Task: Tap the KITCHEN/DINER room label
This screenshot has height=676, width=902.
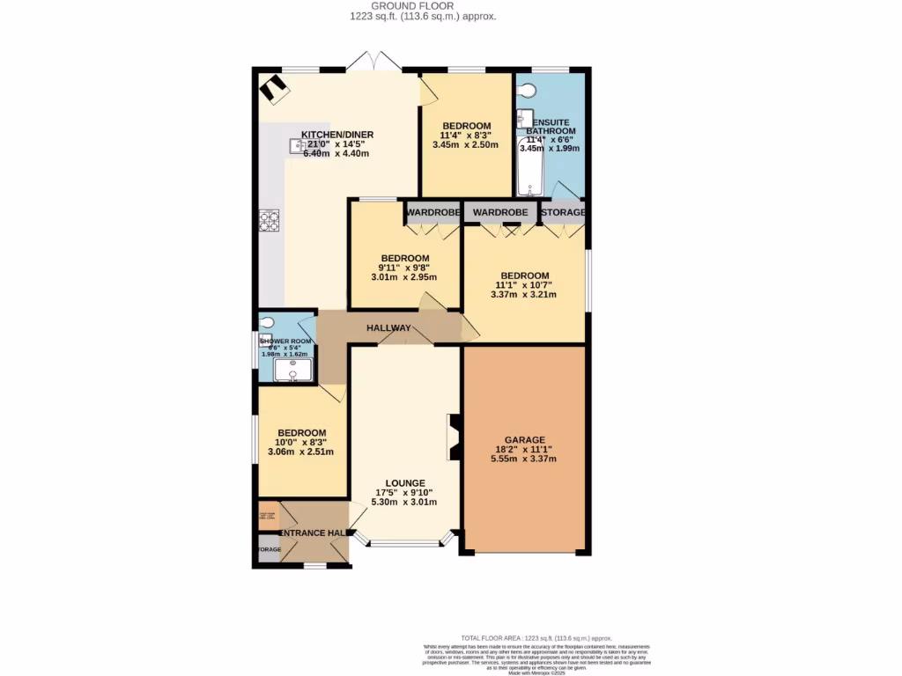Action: coord(337,135)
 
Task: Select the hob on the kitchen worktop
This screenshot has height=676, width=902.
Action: coord(269,220)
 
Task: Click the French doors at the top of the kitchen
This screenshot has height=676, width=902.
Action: coord(373,62)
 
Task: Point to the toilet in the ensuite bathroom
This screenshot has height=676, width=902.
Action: coord(527,90)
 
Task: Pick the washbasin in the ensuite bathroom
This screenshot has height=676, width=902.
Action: coord(524,118)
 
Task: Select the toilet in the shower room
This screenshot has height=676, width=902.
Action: coord(268,322)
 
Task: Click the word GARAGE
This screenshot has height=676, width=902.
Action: coord(524,440)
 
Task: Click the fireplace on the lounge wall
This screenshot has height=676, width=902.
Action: coord(453,437)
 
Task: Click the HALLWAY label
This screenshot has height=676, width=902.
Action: coord(389,328)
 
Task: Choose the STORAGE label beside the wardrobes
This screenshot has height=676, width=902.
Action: coord(563,213)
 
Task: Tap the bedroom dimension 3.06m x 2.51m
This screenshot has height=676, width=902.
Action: coord(301,452)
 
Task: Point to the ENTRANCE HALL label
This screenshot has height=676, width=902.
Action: coord(313,533)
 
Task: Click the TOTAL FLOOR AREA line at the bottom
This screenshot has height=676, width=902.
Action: coord(536,638)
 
